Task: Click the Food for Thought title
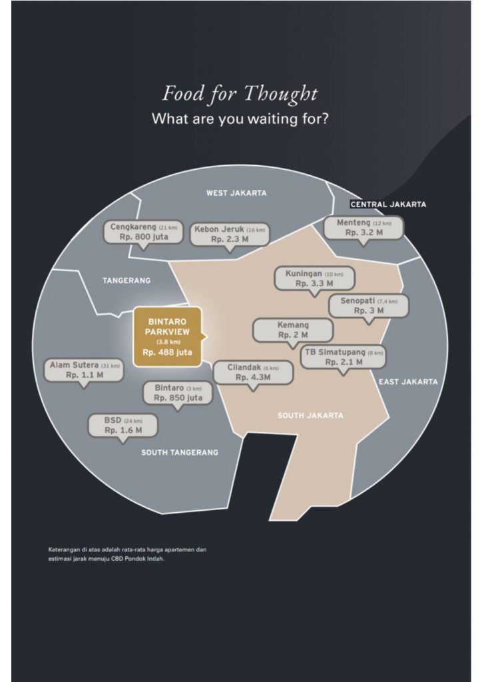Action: click(x=240, y=94)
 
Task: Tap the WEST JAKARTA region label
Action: click(x=236, y=193)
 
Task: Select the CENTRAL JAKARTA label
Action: click(x=388, y=204)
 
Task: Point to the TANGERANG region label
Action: click(x=126, y=280)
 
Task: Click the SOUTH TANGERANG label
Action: click(x=180, y=452)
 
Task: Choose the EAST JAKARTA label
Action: click(x=408, y=382)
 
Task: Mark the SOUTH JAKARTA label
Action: click(x=310, y=416)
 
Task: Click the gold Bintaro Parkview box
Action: click(x=168, y=336)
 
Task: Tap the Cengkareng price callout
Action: click(x=143, y=232)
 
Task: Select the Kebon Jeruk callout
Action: click(x=230, y=234)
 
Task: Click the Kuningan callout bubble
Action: click(x=314, y=279)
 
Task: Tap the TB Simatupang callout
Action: click(x=344, y=357)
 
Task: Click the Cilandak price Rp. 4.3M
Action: click(x=253, y=377)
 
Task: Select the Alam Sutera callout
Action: click(x=85, y=370)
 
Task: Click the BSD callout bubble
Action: click(x=123, y=426)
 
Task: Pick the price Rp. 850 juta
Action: click(x=178, y=398)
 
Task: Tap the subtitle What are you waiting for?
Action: click(x=240, y=119)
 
